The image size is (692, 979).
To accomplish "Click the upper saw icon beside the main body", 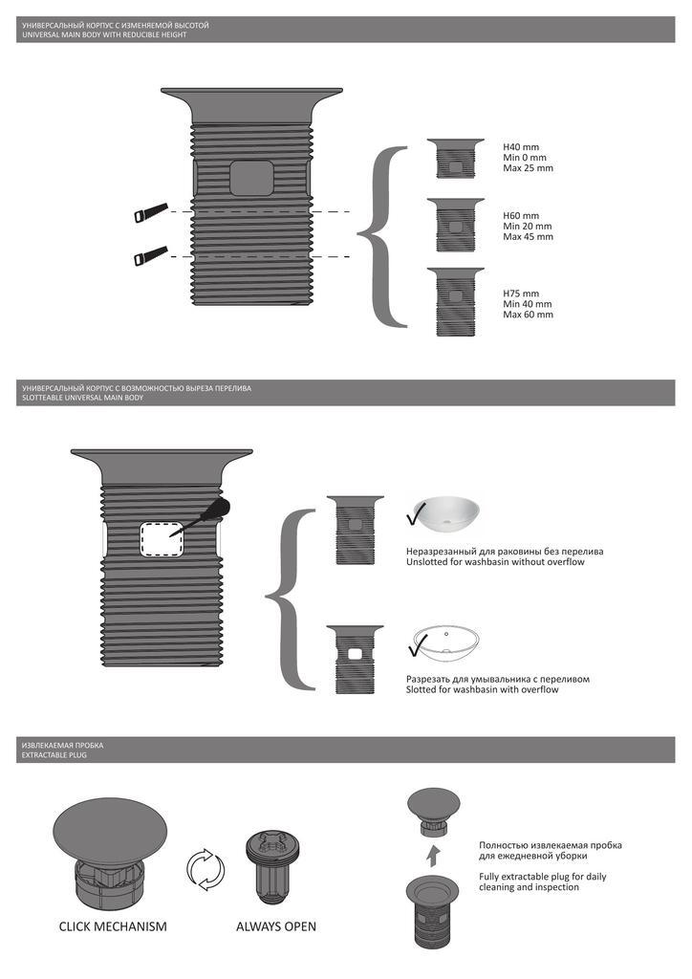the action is (x=151, y=211).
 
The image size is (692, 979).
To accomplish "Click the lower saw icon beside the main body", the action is (x=151, y=255).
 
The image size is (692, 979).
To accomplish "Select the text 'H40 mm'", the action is (x=521, y=147).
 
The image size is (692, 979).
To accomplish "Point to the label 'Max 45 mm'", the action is (x=528, y=237).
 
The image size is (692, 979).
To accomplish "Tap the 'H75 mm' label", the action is (x=521, y=294).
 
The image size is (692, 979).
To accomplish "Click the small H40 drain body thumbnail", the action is (x=456, y=159).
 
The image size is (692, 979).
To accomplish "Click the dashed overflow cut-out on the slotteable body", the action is (x=161, y=539).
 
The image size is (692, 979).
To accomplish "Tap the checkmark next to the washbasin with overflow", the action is (x=418, y=646).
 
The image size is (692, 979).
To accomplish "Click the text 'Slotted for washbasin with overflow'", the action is (x=483, y=690).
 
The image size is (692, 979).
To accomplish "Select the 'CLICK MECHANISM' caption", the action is (x=113, y=926).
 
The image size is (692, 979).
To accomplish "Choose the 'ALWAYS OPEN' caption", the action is (x=276, y=926).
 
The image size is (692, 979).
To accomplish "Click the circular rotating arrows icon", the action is (x=205, y=868).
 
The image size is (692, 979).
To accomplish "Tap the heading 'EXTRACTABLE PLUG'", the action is (x=54, y=755).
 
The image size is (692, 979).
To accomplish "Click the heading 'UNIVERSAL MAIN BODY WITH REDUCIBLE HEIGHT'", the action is (x=104, y=35).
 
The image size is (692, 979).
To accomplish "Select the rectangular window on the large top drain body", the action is (x=251, y=178).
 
